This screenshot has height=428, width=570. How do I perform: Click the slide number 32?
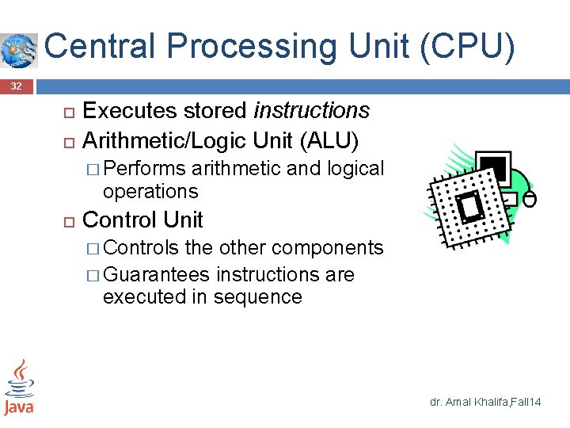pos(17,86)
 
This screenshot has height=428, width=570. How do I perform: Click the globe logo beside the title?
pos(19,50)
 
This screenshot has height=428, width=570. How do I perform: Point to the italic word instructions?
pos(311,110)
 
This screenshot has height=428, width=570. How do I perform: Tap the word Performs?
pos(144,169)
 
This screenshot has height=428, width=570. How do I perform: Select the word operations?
pos(150,191)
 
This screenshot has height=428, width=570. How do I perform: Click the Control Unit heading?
pos(142,220)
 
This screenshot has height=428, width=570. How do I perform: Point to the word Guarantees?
pos(156,274)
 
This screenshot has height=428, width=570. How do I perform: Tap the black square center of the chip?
pos(473,207)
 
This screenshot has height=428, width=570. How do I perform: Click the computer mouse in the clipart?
pos(530,198)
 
